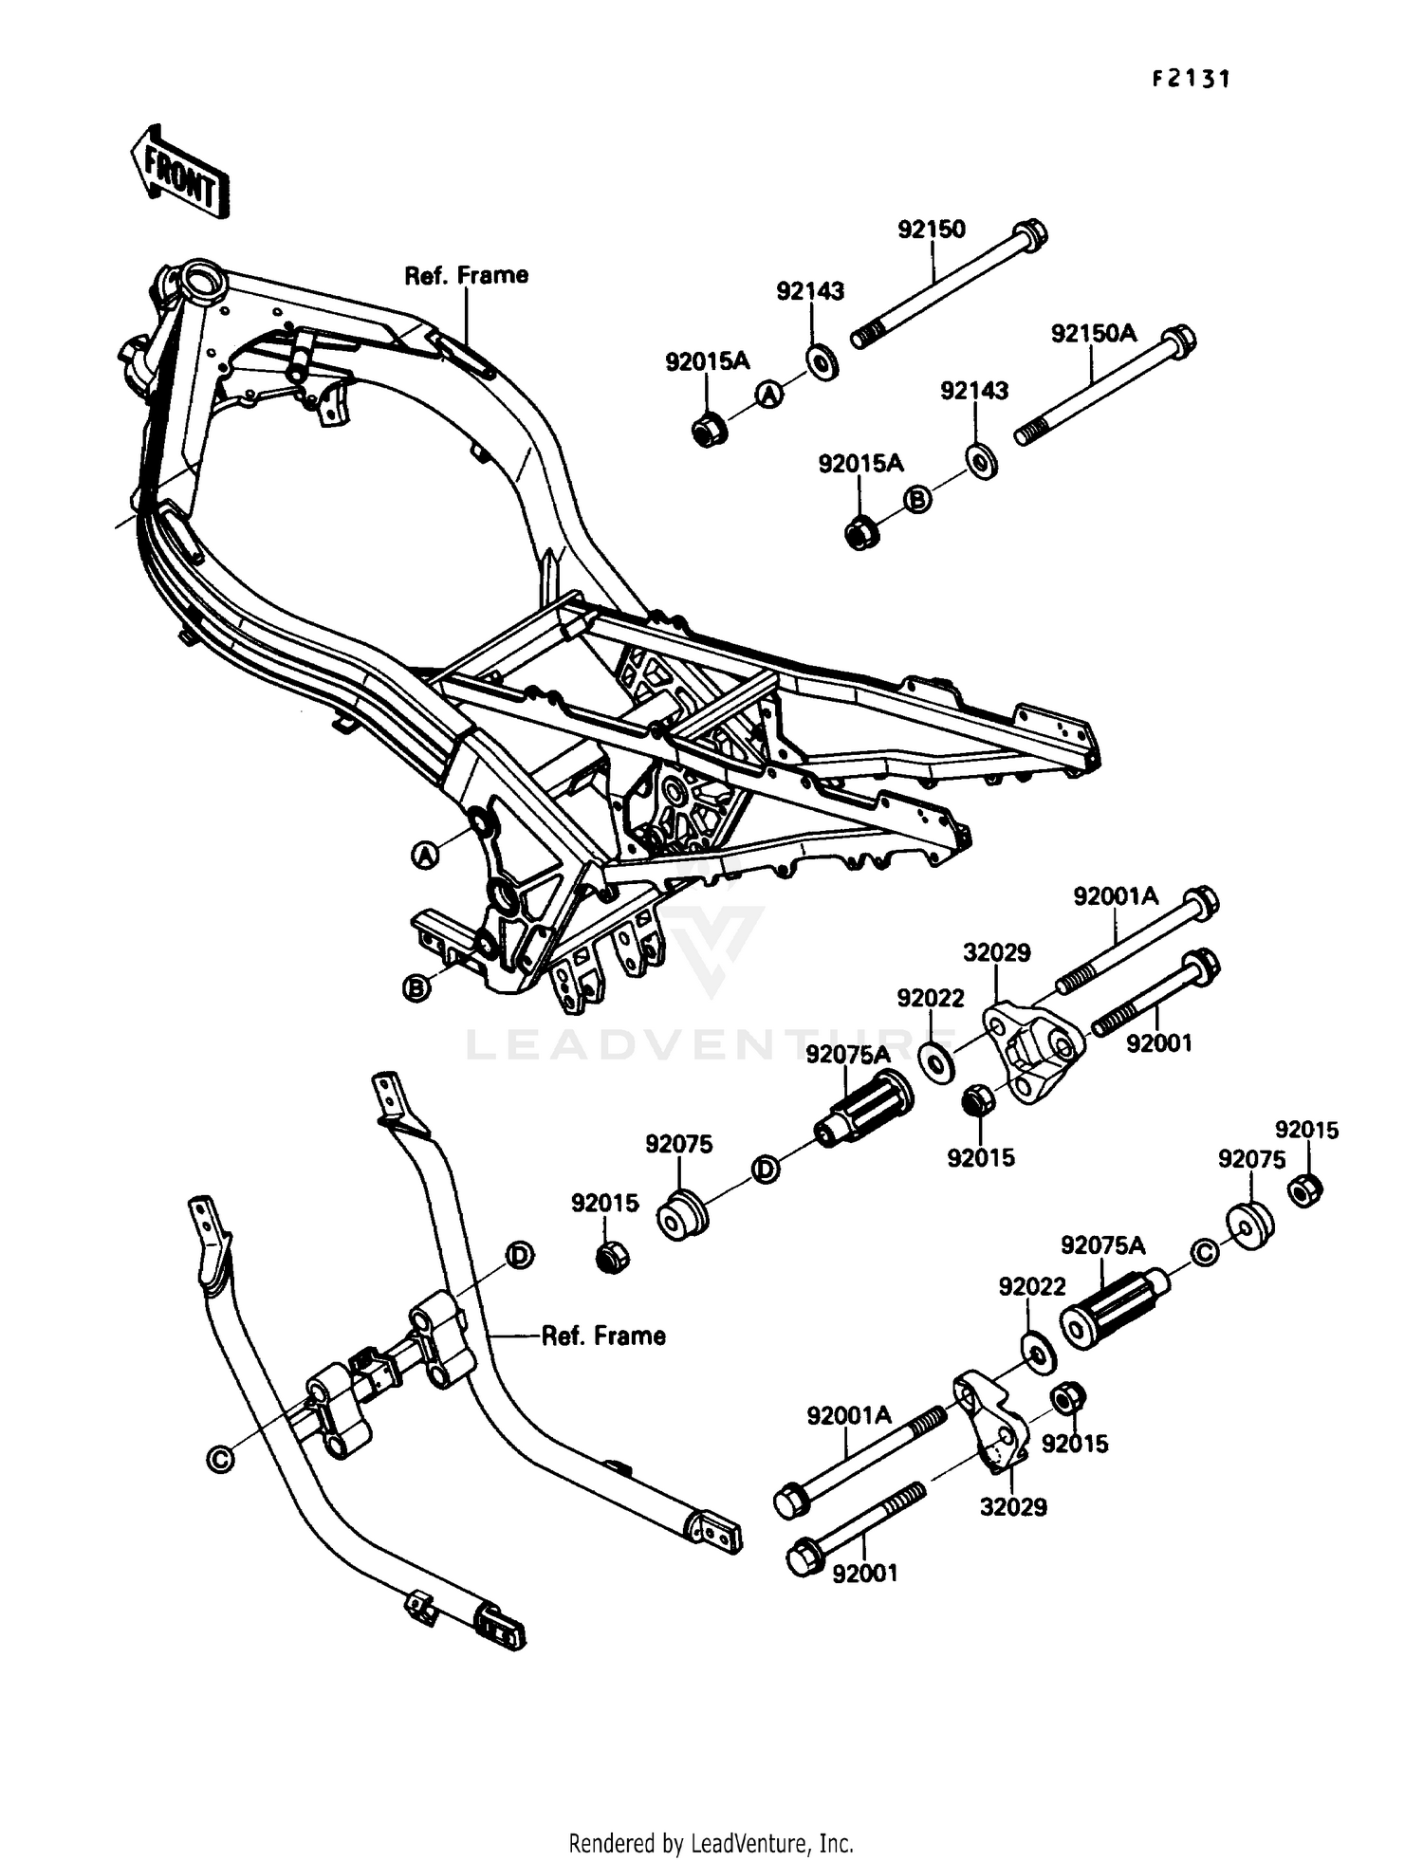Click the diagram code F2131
[1191, 80]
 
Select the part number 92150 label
[932, 230]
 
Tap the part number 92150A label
[1093, 334]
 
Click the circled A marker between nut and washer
[769, 394]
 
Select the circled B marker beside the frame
[416, 988]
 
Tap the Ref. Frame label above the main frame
[466, 276]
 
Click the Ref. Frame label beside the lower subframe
[603, 1336]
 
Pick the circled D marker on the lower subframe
[518, 1255]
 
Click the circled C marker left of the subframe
[220, 1459]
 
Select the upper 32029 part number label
[996, 952]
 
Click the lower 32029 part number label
[1013, 1507]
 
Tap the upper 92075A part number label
[848, 1055]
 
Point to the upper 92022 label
[931, 998]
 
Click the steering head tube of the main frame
[202, 282]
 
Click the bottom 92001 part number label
[864, 1574]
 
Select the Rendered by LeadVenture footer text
[711, 1844]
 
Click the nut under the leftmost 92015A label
[709, 431]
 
